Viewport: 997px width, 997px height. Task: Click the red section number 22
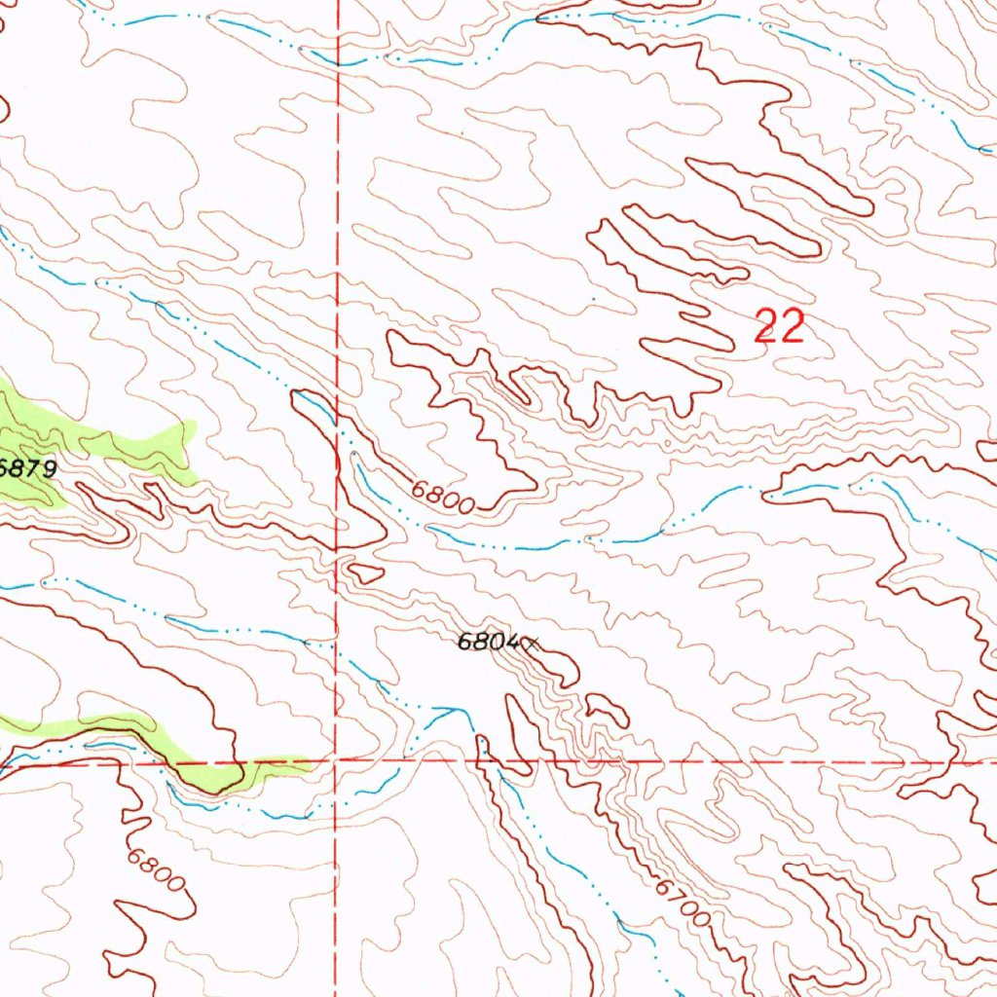(780, 327)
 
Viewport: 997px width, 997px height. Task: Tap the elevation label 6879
(27, 468)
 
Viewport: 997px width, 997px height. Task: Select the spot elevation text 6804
(489, 642)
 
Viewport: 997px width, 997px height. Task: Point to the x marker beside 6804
(532, 642)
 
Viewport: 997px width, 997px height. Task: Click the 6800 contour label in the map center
(442, 497)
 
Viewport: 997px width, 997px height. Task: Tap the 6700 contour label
(682, 904)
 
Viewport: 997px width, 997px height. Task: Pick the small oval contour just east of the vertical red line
(366, 573)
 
